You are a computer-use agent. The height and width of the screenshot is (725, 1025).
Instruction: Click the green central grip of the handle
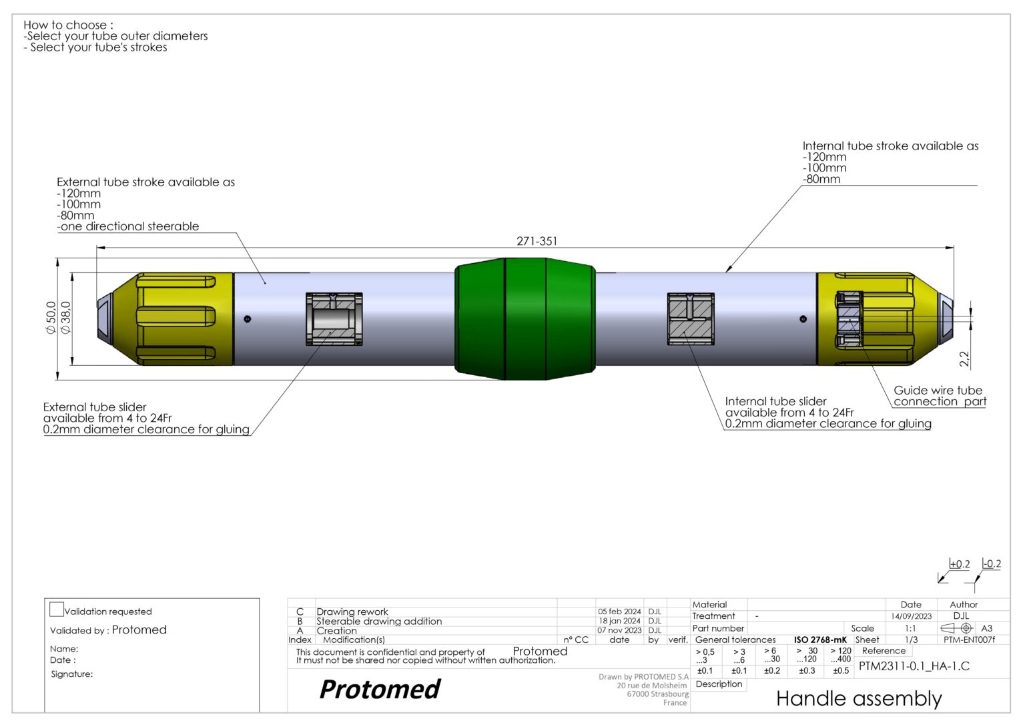[525, 318]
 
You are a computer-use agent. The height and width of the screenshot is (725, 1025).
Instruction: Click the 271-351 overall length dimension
[537, 241]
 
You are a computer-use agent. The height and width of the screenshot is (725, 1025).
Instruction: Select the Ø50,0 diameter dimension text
[51, 318]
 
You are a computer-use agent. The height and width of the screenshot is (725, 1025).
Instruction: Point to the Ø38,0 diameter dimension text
[65, 318]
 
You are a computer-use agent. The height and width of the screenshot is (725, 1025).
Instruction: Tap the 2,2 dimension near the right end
[964, 359]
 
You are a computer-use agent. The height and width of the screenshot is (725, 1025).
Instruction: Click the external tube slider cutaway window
[334, 318]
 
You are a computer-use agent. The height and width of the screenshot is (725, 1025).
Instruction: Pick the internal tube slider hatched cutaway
[691, 318]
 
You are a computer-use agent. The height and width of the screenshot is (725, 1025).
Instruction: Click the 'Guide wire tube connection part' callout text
[939, 396]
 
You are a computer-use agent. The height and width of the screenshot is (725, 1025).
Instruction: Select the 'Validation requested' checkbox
[57, 609]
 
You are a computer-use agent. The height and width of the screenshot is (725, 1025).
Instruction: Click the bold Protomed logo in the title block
[380, 690]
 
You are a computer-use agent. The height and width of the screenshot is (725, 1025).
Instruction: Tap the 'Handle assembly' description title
[859, 699]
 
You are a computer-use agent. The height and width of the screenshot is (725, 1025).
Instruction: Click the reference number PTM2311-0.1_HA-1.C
[914, 666]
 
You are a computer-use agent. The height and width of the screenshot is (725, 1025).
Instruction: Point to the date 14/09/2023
[911, 616]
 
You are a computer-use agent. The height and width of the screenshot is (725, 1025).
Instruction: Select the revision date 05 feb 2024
[619, 612]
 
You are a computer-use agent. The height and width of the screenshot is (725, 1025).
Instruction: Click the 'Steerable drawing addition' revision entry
[379, 621]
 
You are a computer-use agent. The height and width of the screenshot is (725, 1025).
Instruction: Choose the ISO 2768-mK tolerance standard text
[820, 640]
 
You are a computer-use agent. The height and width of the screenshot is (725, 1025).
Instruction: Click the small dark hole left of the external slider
[248, 318]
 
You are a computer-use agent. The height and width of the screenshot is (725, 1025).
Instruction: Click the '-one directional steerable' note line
[128, 226]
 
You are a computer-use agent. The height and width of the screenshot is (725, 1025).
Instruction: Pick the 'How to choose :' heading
[68, 25]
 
